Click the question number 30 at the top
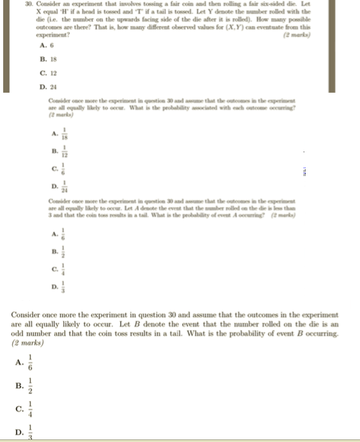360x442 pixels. [29, 4]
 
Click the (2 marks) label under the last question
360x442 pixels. [27, 343]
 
